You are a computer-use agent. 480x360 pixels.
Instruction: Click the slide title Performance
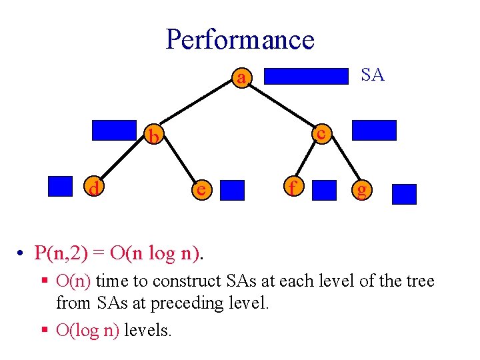(239, 39)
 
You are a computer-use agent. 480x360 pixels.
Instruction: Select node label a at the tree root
(242, 79)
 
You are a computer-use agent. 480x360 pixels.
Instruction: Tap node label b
(154, 137)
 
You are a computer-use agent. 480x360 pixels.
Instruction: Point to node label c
(321, 133)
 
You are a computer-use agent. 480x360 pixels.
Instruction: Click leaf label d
(95, 189)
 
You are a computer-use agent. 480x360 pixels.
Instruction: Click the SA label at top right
(373, 75)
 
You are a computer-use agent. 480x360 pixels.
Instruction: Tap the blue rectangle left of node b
(114, 130)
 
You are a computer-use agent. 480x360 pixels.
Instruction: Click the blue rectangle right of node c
(374, 130)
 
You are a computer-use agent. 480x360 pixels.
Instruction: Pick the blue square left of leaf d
(60, 186)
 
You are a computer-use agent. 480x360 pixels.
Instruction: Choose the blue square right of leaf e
(233, 190)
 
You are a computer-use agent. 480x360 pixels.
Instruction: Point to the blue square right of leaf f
(325, 190)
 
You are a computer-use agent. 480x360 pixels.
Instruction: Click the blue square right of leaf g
(404, 194)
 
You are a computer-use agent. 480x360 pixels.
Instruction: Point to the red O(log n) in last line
(88, 329)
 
